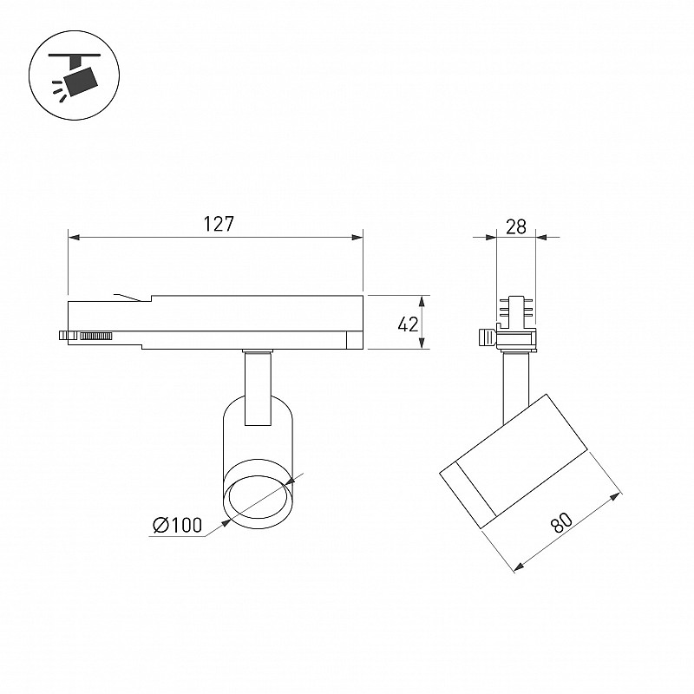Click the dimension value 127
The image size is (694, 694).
219,225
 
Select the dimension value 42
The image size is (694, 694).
408,324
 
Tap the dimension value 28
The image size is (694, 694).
516,227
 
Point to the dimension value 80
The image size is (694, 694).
561,524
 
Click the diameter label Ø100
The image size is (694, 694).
178,526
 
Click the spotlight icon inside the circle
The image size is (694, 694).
75,75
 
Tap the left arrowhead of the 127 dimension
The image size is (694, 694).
74,238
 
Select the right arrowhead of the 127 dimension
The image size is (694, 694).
357,238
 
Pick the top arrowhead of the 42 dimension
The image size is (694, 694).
422,301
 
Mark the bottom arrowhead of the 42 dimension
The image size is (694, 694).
422,343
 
